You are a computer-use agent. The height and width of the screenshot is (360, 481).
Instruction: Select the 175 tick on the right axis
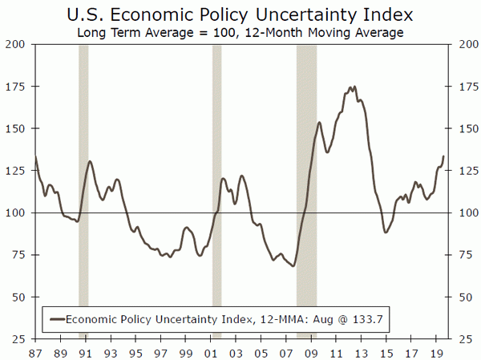tap(465, 87)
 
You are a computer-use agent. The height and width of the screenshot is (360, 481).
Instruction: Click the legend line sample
tap(55, 318)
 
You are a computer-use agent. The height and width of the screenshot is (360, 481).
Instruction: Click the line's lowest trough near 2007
tap(293, 266)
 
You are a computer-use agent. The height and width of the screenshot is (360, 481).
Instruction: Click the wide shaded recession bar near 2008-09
tap(306, 192)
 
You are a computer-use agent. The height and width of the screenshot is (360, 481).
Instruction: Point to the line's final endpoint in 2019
tap(443, 156)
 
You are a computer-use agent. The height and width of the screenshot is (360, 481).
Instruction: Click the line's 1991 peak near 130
tap(90, 162)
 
